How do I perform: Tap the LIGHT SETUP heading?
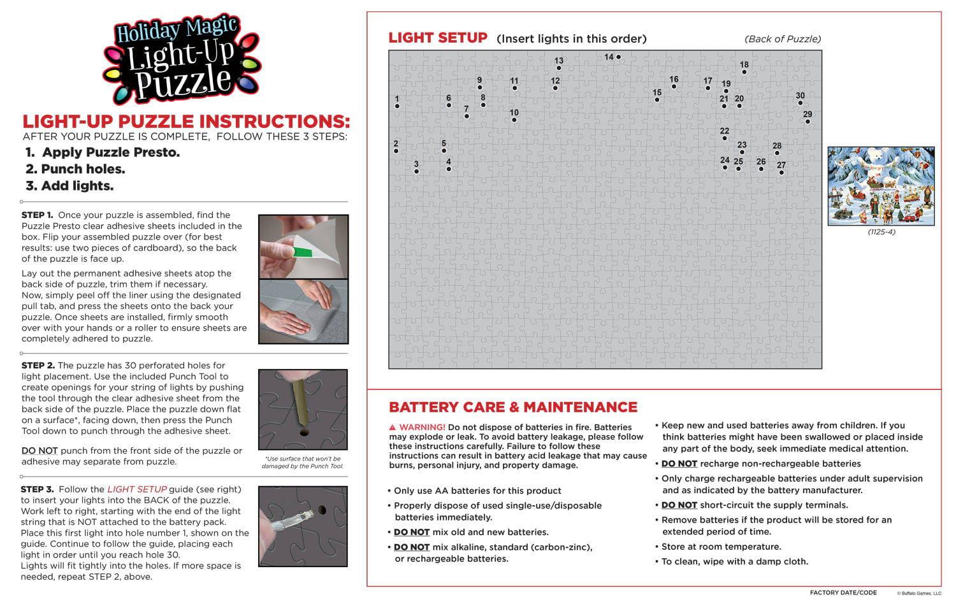click(x=438, y=38)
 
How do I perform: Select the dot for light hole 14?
click(x=618, y=57)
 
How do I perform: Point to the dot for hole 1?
click(x=397, y=106)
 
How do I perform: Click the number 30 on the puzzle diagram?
click(x=800, y=96)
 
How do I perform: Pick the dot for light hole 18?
click(x=744, y=72)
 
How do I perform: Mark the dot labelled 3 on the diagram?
click(x=416, y=171)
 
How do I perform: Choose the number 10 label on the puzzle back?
click(x=514, y=112)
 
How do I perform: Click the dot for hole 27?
click(x=781, y=173)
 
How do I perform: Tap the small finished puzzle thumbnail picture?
click(x=881, y=186)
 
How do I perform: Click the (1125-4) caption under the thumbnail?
click(x=881, y=232)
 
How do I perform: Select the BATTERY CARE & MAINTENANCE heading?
click(x=513, y=407)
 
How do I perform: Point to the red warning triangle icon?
click(x=393, y=428)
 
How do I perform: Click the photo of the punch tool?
click(x=303, y=410)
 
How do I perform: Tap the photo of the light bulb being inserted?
click(x=303, y=526)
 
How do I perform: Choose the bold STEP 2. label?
click(x=38, y=366)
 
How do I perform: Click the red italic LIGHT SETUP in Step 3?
click(x=136, y=489)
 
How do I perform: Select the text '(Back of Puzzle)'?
click(x=783, y=39)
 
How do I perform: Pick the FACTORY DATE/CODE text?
click(x=843, y=593)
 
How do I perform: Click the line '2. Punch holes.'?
click(x=75, y=169)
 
